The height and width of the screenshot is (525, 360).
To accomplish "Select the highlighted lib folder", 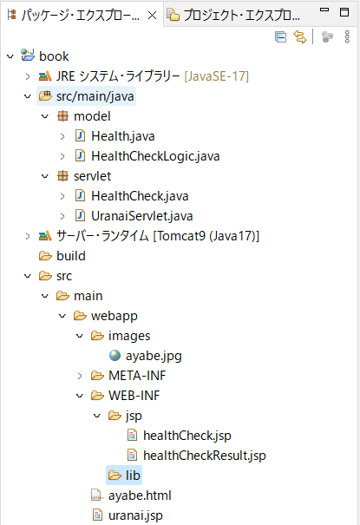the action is click(124, 476).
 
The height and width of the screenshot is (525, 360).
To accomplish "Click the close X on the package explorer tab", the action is click(152, 15).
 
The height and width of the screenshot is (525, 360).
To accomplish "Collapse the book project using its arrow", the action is click(10, 56).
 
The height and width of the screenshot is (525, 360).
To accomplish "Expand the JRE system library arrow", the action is click(28, 76).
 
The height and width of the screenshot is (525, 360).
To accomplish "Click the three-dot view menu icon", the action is click(347, 36).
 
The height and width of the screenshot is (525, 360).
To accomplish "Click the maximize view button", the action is click(344, 12).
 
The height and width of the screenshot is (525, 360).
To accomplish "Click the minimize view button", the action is click(324, 10).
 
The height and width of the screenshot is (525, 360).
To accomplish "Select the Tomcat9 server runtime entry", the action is click(158, 236).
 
